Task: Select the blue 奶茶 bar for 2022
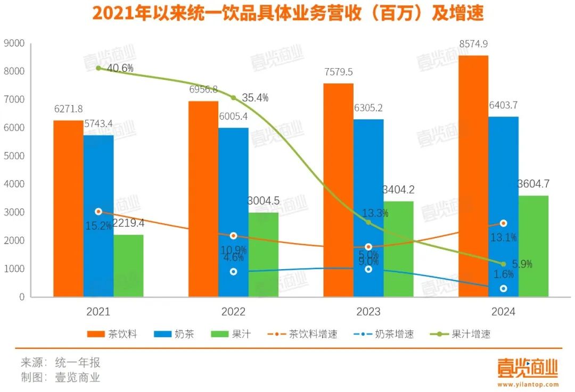[x=233, y=213]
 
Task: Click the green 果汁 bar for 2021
[x=128, y=266]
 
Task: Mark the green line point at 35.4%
[x=233, y=97]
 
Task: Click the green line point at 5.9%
[x=503, y=264]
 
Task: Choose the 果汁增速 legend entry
[x=461, y=334]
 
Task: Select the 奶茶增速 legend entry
[x=383, y=334]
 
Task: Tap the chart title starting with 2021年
[x=287, y=13]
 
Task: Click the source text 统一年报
[x=78, y=363]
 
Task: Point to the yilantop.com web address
[x=529, y=384]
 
